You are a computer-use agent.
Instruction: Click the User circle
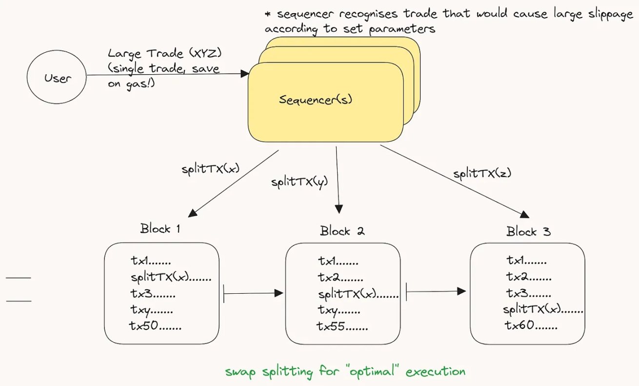(x=57, y=78)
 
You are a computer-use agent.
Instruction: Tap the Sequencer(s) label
(x=316, y=100)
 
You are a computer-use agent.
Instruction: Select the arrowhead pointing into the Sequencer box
(x=245, y=74)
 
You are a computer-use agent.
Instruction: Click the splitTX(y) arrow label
(x=300, y=182)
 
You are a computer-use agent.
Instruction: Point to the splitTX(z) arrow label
(x=482, y=173)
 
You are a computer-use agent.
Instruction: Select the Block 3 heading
(x=528, y=231)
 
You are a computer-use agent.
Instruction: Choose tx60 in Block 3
(x=531, y=325)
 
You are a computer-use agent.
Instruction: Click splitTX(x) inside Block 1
(x=171, y=278)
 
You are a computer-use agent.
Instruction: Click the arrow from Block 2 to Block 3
(x=436, y=292)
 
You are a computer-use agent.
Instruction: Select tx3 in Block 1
(x=153, y=294)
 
